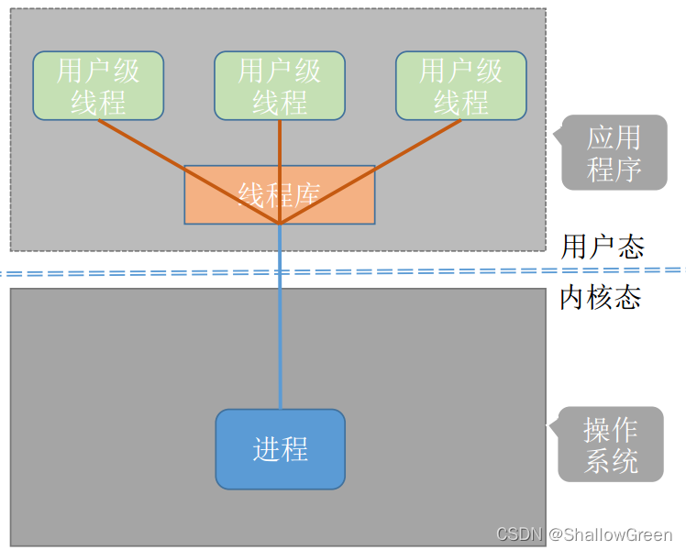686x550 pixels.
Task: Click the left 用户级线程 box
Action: [98, 85]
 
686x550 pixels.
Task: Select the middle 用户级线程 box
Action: [280, 85]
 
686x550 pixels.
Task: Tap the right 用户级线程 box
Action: [461, 85]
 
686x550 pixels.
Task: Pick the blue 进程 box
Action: [280, 449]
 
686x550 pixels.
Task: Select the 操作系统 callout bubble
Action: [611, 444]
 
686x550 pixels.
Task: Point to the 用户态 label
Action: [603, 247]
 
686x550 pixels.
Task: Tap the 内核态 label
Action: [600, 298]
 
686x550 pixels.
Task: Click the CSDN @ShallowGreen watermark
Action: [584, 534]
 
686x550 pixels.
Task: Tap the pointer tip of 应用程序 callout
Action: [553, 137]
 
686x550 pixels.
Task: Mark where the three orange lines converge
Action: [280, 223]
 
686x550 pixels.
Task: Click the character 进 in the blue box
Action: [266, 449]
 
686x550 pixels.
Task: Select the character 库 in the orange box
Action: [306, 194]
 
